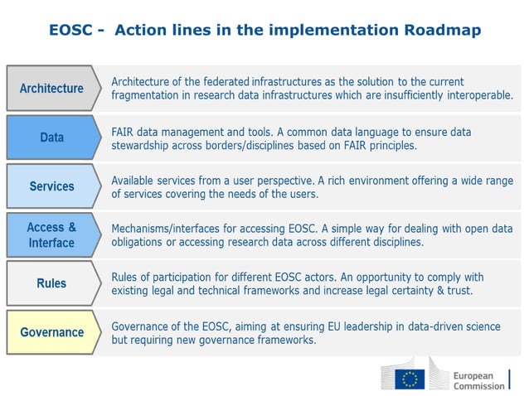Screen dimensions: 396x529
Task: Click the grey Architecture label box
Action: pyautogui.click(x=51, y=88)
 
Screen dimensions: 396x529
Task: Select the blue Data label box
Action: pyautogui.click(x=51, y=138)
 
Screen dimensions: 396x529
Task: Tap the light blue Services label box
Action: pyautogui.click(x=51, y=186)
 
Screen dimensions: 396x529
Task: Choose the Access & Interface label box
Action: pyautogui.click(x=51, y=235)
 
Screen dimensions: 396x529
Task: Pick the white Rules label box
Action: pyautogui.click(x=51, y=283)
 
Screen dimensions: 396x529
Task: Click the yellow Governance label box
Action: pyautogui.click(x=51, y=332)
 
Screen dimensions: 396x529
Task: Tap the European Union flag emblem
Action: pyautogui.click(x=409, y=379)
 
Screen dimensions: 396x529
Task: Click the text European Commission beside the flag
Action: pyautogui.click(x=478, y=379)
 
